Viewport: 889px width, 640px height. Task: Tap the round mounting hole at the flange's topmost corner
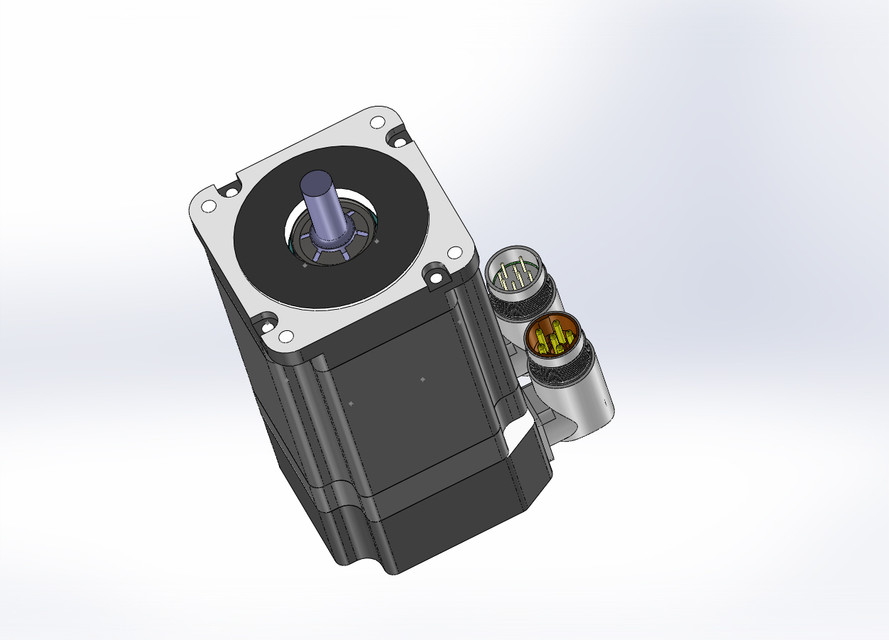coord(376,123)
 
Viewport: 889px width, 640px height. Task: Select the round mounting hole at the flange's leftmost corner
coord(209,206)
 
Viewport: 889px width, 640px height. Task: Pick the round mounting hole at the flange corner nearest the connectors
coord(436,269)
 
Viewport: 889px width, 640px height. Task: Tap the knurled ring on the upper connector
coord(527,299)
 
